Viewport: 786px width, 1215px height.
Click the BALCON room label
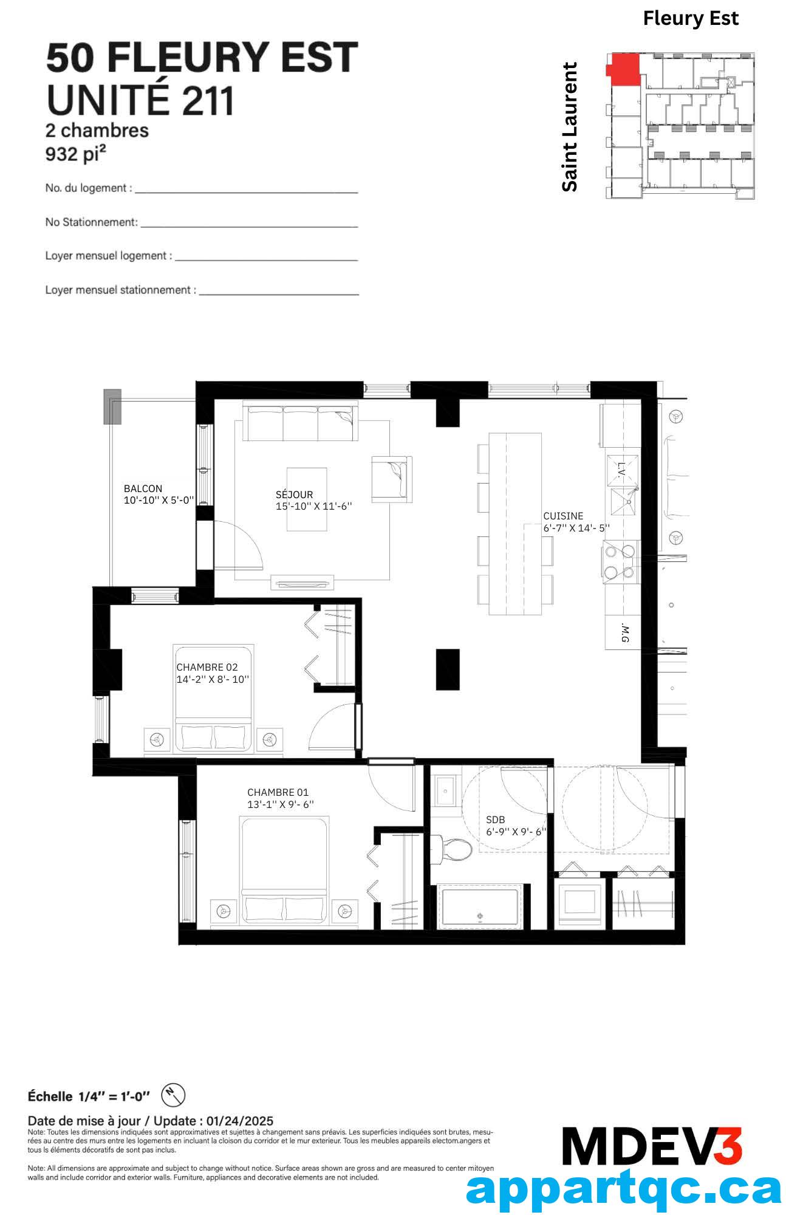(x=143, y=488)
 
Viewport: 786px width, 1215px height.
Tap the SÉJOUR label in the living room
(x=294, y=495)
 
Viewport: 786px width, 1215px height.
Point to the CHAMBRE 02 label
(x=207, y=667)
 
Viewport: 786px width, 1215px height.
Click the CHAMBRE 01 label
(x=278, y=792)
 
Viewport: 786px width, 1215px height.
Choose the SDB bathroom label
(x=496, y=820)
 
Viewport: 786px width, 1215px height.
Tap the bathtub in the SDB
(x=480, y=907)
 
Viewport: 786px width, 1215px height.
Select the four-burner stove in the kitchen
(x=619, y=562)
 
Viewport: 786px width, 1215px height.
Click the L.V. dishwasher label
(x=621, y=471)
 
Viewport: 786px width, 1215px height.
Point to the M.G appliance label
(x=624, y=633)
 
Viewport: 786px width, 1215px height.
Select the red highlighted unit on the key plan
(x=623, y=69)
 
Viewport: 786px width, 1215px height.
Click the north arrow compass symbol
(x=173, y=1095)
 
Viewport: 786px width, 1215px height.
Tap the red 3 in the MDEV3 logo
(x=728, y=1146)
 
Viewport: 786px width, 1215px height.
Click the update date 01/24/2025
(x=240, y=1121)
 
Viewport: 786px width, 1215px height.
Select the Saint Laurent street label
(x=570, y=127)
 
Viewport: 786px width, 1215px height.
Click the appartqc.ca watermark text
(x=623, y=1189)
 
